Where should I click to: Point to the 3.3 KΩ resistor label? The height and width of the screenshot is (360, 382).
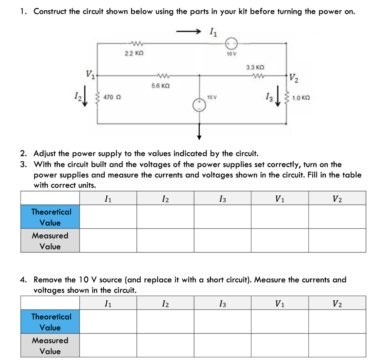pyautogui.click(x=255, y=68)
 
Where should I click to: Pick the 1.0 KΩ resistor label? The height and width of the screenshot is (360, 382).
pyautogui.click(x=301, y=98)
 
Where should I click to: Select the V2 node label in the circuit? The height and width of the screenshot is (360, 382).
pyautogui.click(x=294, y=78)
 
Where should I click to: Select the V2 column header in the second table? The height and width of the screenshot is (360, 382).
pyautogui.click(x=337, y=304)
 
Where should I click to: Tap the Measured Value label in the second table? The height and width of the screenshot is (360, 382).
pyautogui.click(x=50, y=345)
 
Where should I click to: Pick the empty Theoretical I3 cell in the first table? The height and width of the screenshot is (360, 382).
pyautogui.click(x=222, y=217)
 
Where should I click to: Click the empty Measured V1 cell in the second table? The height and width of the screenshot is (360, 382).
pyautogui.click(x=280, y=345)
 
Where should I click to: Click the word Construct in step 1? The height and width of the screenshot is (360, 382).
pyautogui.click(x=51, y=11)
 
